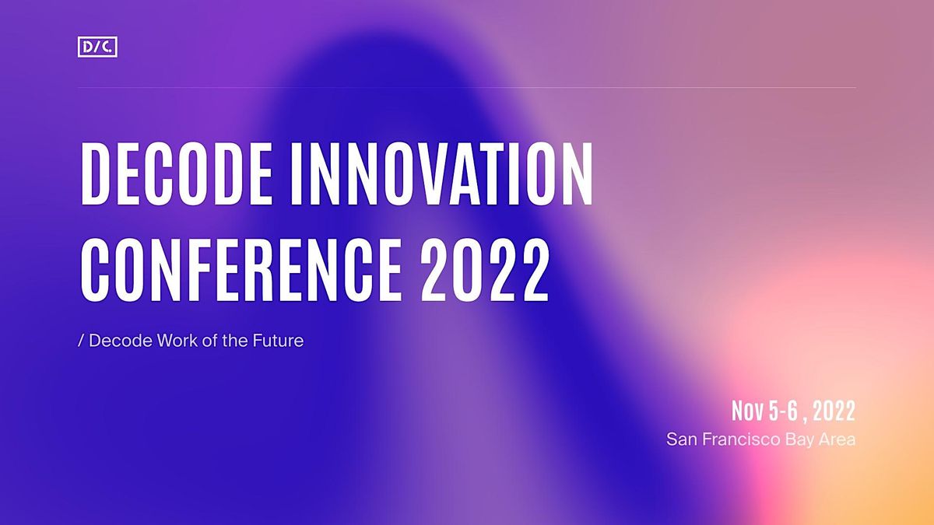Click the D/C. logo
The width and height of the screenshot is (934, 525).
pos(98,48)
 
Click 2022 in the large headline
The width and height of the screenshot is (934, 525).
pos(486,266)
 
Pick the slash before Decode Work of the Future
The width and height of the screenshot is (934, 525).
pos(82,341)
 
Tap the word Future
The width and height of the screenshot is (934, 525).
pos(277,341)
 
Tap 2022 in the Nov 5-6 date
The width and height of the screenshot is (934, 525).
pos(834,411)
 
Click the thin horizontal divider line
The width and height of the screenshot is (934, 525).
pos(467,88)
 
